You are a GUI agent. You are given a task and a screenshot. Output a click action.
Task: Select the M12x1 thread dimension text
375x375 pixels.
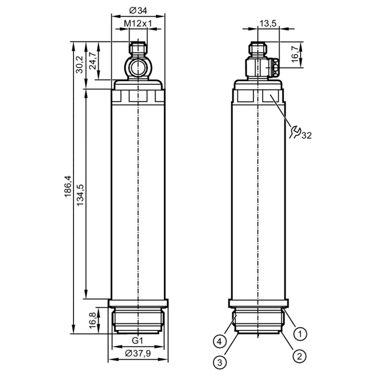click(138, 23)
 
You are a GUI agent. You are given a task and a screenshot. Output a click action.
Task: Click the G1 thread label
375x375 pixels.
click(137, 341)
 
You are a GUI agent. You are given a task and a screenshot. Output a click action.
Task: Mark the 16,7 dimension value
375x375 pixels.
click(296, 54)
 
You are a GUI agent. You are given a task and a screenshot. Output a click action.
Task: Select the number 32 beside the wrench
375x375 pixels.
click(307, 136)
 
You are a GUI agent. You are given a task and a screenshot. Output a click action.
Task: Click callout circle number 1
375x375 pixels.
click(300, 334)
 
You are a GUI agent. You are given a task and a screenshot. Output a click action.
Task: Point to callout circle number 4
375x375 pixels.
click(219, 342)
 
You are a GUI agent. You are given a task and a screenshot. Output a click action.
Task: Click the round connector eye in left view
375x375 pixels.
click(138, 67)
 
